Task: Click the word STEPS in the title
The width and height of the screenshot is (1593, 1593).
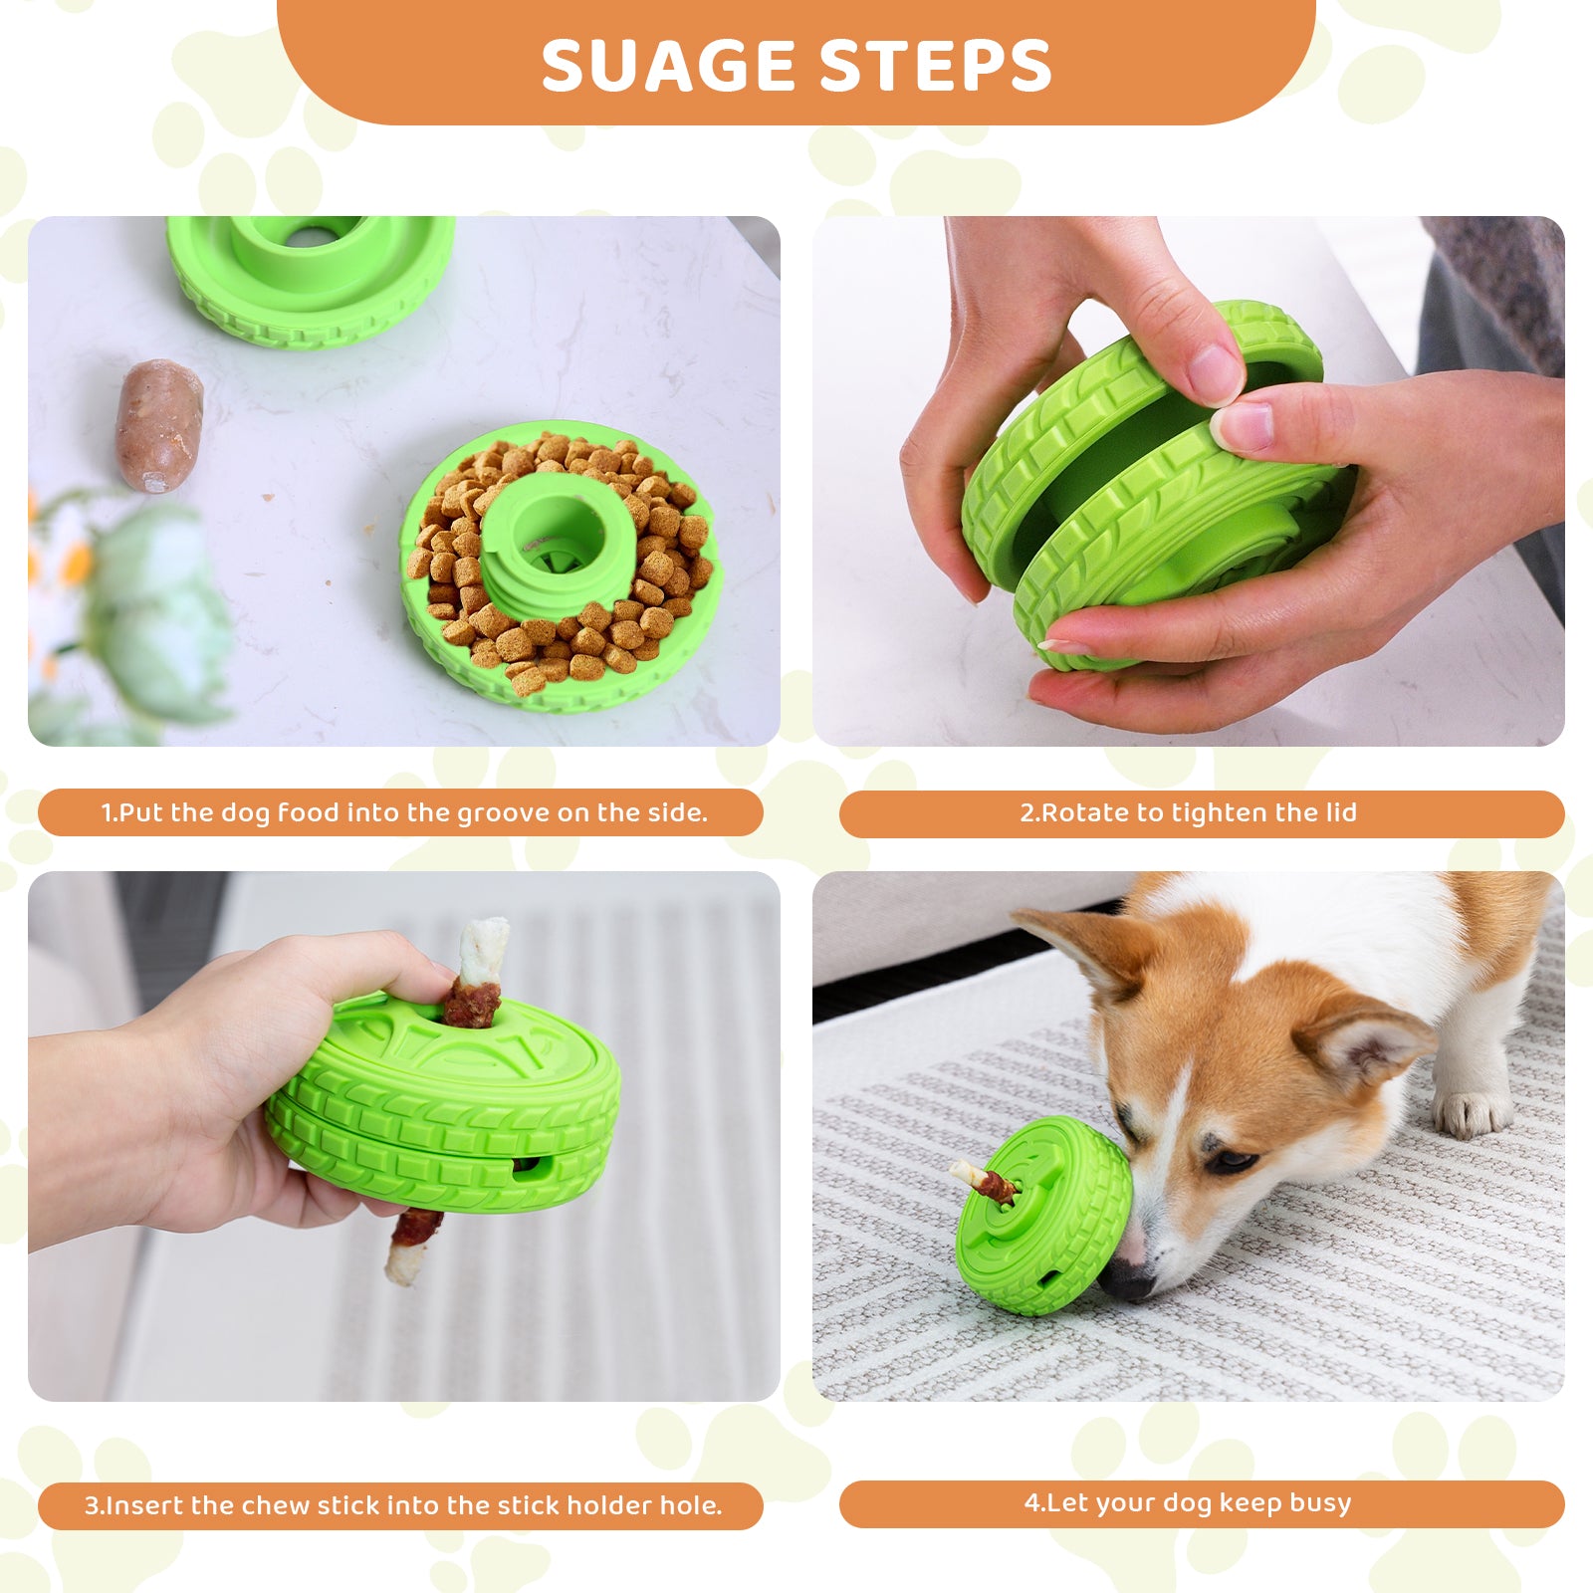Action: pos(938,67)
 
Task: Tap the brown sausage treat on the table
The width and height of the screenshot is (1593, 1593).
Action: pos(158,425)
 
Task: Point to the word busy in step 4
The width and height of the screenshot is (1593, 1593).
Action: pos(1320,1503)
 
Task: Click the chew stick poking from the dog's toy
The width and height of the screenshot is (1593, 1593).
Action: pos(984,1181)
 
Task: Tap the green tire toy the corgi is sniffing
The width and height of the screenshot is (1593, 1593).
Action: pos(1043,1215)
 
